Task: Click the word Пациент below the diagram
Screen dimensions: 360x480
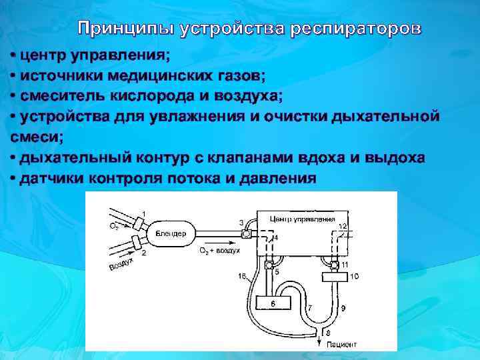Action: (341, 345)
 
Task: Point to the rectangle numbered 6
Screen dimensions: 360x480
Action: (273, 303)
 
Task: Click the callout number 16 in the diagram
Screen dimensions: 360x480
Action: (241, 276)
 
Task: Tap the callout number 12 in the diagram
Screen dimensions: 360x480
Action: (343, 226)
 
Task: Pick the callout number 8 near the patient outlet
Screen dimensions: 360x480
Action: (327, 333)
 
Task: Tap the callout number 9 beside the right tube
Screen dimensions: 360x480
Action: (343, 308)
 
